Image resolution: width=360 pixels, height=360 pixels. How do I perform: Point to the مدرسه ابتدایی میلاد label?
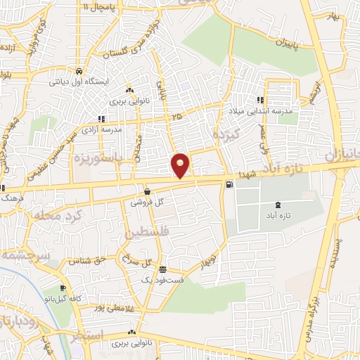coord(253,110)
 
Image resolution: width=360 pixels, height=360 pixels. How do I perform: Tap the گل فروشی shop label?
coord(147,202)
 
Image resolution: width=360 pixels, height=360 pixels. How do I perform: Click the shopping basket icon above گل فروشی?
coord(147,191)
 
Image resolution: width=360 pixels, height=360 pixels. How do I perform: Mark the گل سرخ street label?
coord(136,262)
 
